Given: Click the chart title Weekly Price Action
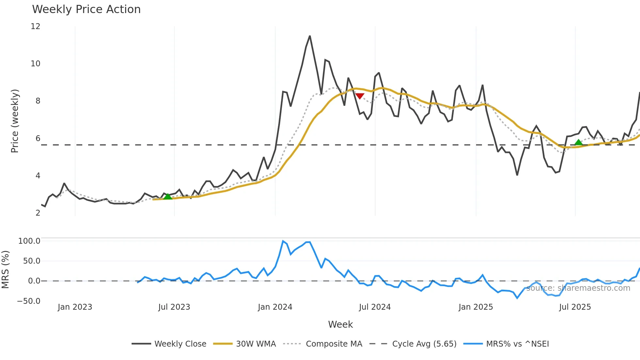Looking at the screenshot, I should click(86, 9).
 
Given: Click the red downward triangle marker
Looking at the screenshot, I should click(360, 96).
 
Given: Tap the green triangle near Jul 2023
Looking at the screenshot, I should click(168, 196).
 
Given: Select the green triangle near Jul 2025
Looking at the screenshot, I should click(578, 142).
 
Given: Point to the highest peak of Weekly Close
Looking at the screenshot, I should click(310, 36).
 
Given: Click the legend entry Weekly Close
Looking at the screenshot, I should click(169, 344).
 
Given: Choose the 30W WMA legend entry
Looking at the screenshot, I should click(245, 344).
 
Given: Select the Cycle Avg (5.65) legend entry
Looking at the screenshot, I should click(413, 344).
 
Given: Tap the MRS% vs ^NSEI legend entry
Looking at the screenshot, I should click(506, 344).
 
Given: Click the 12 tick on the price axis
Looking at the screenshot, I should click(35, 26).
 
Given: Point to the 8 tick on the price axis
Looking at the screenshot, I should click(38, 101).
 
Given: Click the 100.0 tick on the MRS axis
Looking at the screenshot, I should click(29, 241).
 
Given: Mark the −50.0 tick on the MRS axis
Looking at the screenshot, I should click(29, 301).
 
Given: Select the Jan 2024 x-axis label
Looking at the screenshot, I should click(275, 307).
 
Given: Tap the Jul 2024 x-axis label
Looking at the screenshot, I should click(375, 307).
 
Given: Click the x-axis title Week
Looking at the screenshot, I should click(340, 324).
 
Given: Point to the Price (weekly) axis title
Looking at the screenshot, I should click(15, 121).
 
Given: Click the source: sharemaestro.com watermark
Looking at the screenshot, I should click(578, 288).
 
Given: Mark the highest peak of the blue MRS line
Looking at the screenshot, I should click(283, 241).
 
